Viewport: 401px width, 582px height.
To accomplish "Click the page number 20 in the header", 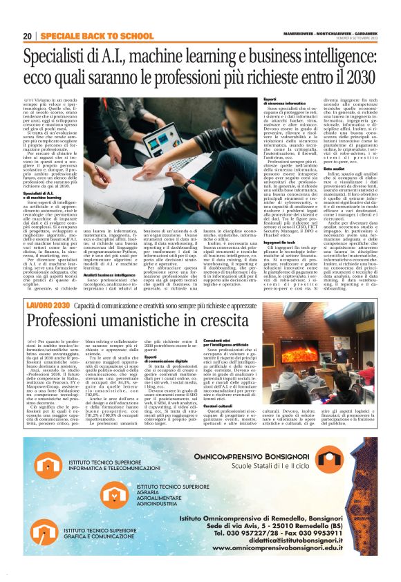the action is pyautogui.click(x=27, y=35).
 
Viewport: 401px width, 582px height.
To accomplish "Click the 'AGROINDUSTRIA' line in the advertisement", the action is pyautogui.click(x=160, y=505).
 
